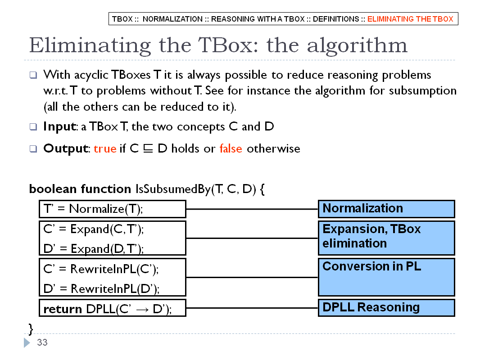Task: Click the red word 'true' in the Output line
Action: tap(105, 148)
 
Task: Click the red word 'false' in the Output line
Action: tap(231, 148)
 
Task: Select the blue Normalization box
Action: tap(387, 209)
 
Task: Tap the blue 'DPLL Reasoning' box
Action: tap(387, 308)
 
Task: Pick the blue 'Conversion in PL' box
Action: tap(387, 277)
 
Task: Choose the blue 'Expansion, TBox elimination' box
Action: tap(387, 238)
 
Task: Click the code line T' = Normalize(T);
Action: tap(93, 209)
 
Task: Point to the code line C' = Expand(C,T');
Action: tap(94, 229)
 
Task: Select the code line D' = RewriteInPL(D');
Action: tap(101, 288)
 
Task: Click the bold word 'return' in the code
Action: tap(63, 309)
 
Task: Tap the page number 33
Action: tap(42, 342)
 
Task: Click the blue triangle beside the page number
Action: tap(27, 342)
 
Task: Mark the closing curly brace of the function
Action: tap(31, 329)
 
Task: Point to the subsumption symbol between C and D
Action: tap(148, 148)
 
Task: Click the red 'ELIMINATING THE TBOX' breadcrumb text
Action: tap(410, 19)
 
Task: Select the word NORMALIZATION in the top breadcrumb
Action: tap(172, 19)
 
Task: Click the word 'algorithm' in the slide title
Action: tap(357, 46)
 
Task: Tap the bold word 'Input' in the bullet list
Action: tap(60, 126)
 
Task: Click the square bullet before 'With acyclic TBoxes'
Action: tap(33, 75)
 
